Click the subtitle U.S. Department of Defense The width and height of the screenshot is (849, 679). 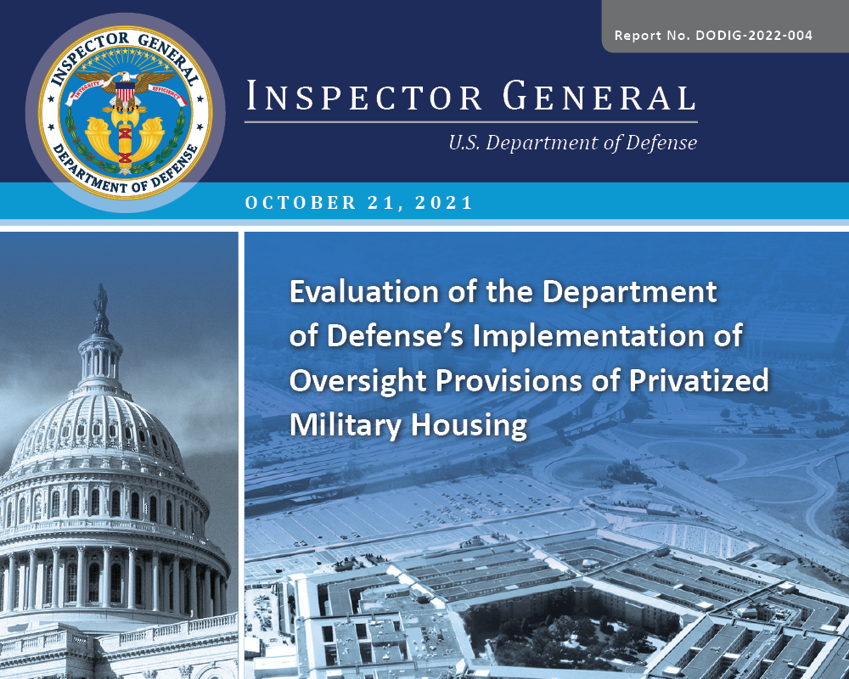click(x=572, y=143)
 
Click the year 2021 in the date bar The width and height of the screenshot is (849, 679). click(x=447, y=204)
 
